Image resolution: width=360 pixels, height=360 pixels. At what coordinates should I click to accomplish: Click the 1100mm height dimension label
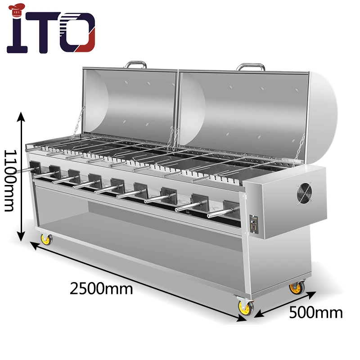[x=9, y=180]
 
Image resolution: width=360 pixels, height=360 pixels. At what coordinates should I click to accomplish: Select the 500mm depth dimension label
[x=315, y=311]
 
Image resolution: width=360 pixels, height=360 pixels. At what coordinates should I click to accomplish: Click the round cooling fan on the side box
[x=304, y=194]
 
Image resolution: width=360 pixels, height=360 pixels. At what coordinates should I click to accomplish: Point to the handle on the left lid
[x=136, y=64]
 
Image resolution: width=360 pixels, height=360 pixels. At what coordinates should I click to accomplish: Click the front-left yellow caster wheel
[x=45, y=239]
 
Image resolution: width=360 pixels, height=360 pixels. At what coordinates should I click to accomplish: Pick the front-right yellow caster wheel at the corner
[x=245, y=307]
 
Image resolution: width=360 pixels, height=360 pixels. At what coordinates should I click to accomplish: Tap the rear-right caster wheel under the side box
[x=296, y=288]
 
